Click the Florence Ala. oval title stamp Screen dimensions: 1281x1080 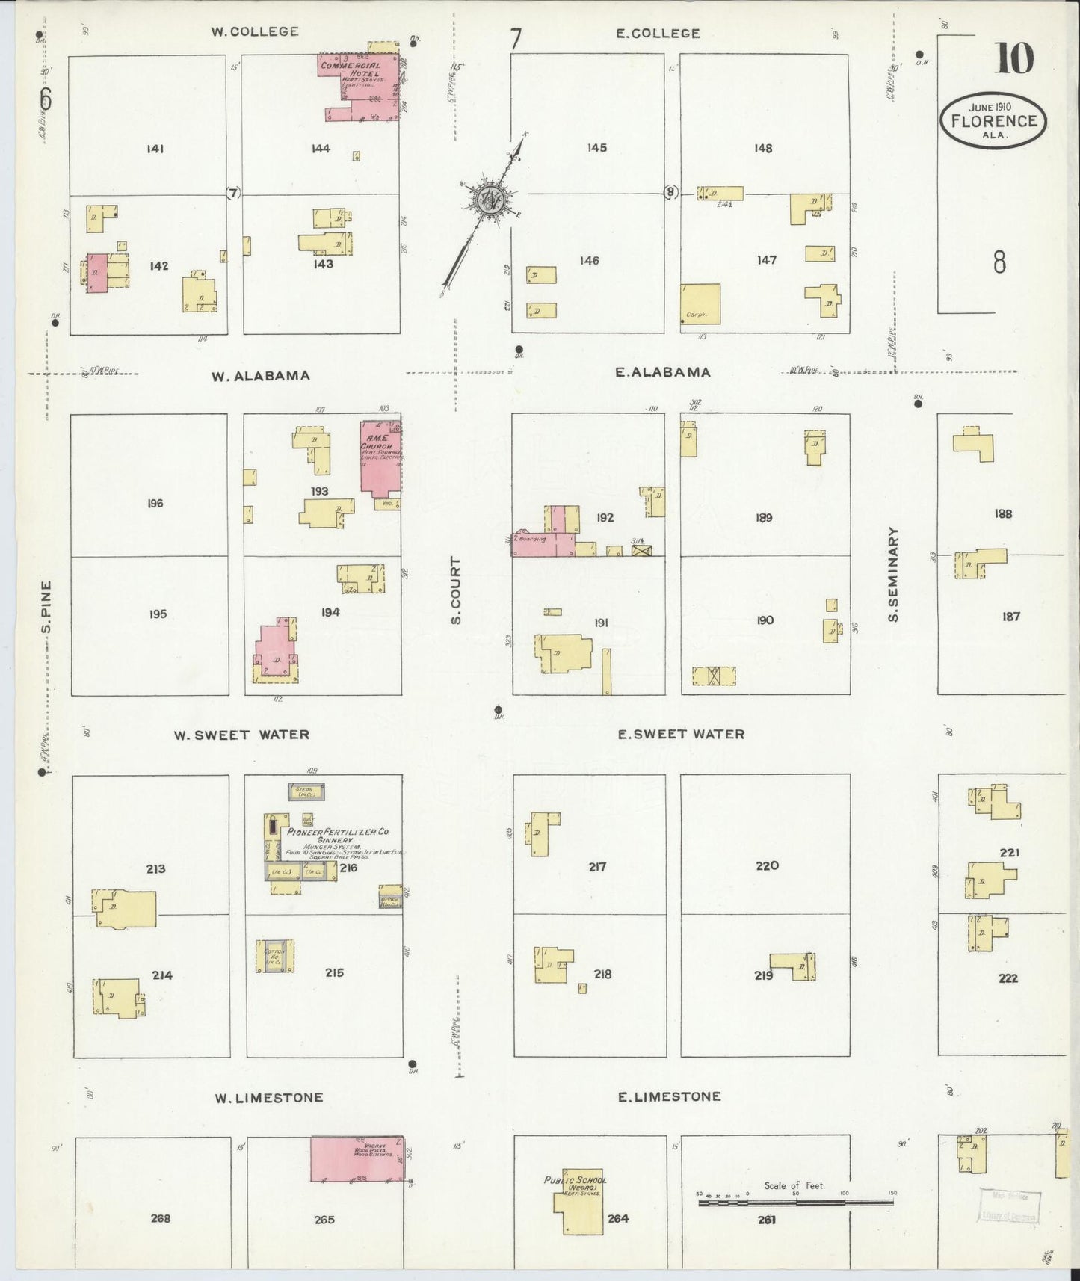[993, 120]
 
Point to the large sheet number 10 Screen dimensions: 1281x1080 [1013, 58]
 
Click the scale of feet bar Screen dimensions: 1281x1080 [795, 1203]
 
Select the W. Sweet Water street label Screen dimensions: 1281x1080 [241, 735]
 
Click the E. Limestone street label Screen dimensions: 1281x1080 [669, 1096]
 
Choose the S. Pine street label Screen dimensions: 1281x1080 [46, 605]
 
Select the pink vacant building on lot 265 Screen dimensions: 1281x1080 [357, 1159]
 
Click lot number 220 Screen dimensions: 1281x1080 [767, 865]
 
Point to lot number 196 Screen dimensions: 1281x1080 [155, 503]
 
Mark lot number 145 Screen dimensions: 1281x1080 [596, 147]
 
